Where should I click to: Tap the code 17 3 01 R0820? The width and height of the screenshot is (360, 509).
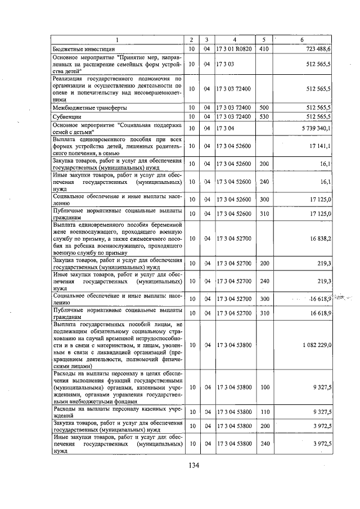[234, 49]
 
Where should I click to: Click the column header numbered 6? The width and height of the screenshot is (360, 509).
[302, 40]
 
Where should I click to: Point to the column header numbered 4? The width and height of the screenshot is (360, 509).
[234, 40]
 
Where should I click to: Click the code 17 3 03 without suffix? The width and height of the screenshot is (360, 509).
[225, 65]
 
